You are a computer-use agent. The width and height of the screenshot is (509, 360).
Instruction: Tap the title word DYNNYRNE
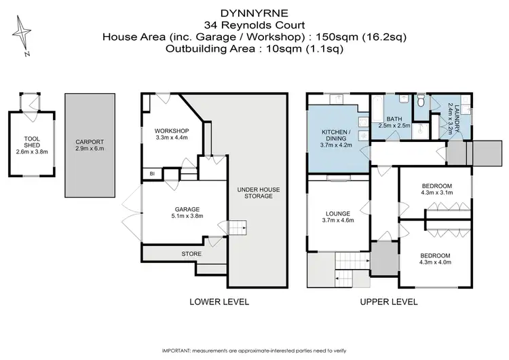[254, 12]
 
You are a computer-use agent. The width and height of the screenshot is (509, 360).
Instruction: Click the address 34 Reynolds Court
[254, 24]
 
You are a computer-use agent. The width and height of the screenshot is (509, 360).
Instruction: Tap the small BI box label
[152, 173]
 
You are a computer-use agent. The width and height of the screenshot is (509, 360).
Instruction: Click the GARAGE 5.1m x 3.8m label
[174, 213]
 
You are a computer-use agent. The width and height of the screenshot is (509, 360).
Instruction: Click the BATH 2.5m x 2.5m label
[394, 122]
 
